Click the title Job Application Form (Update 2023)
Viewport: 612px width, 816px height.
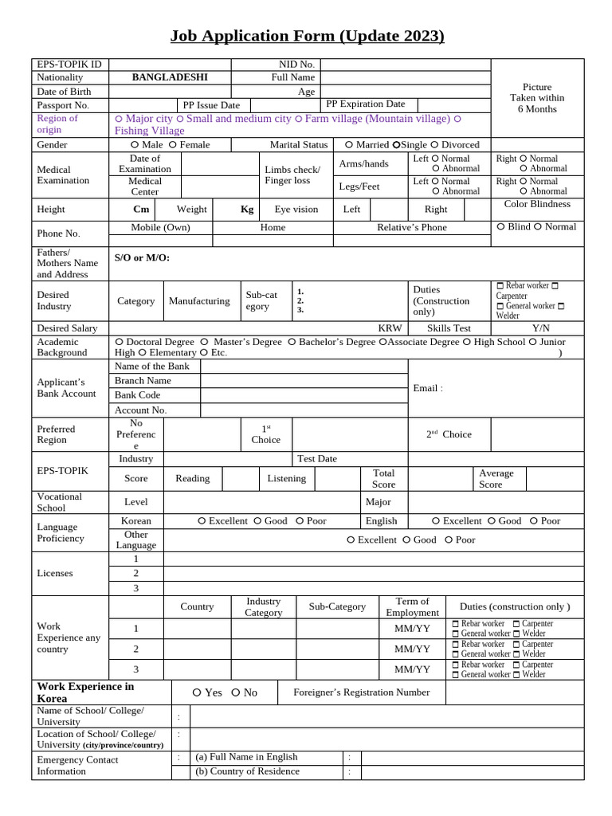(x=307, y=36)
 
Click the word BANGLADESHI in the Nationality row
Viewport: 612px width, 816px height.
(x=170, y=77)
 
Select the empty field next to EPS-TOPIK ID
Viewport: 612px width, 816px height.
(x=170, y=64)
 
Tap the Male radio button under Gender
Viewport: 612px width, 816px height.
(x=135, y=145)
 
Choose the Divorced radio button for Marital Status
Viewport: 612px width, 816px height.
(x=434, y=145)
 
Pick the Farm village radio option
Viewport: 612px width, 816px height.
(x=299, y=119)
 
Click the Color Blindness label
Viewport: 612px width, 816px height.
(x=537, y=204)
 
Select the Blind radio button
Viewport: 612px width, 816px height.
(x=500, y=227)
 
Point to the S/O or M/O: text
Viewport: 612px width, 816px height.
(x=142, y=257)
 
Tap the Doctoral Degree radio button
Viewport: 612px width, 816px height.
(x=119, y=342)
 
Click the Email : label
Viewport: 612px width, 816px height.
(x=428, y=388)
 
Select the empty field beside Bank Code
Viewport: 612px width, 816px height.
(x=304, y=395)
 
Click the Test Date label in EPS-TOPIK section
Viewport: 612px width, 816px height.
(x=316, y=459)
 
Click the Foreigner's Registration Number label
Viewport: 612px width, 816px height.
(x=361, y=692)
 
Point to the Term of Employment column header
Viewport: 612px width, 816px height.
(x=412, y=606)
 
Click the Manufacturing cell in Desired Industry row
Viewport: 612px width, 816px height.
(x=199, y=301)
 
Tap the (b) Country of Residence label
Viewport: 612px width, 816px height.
(x=247, y=771)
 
